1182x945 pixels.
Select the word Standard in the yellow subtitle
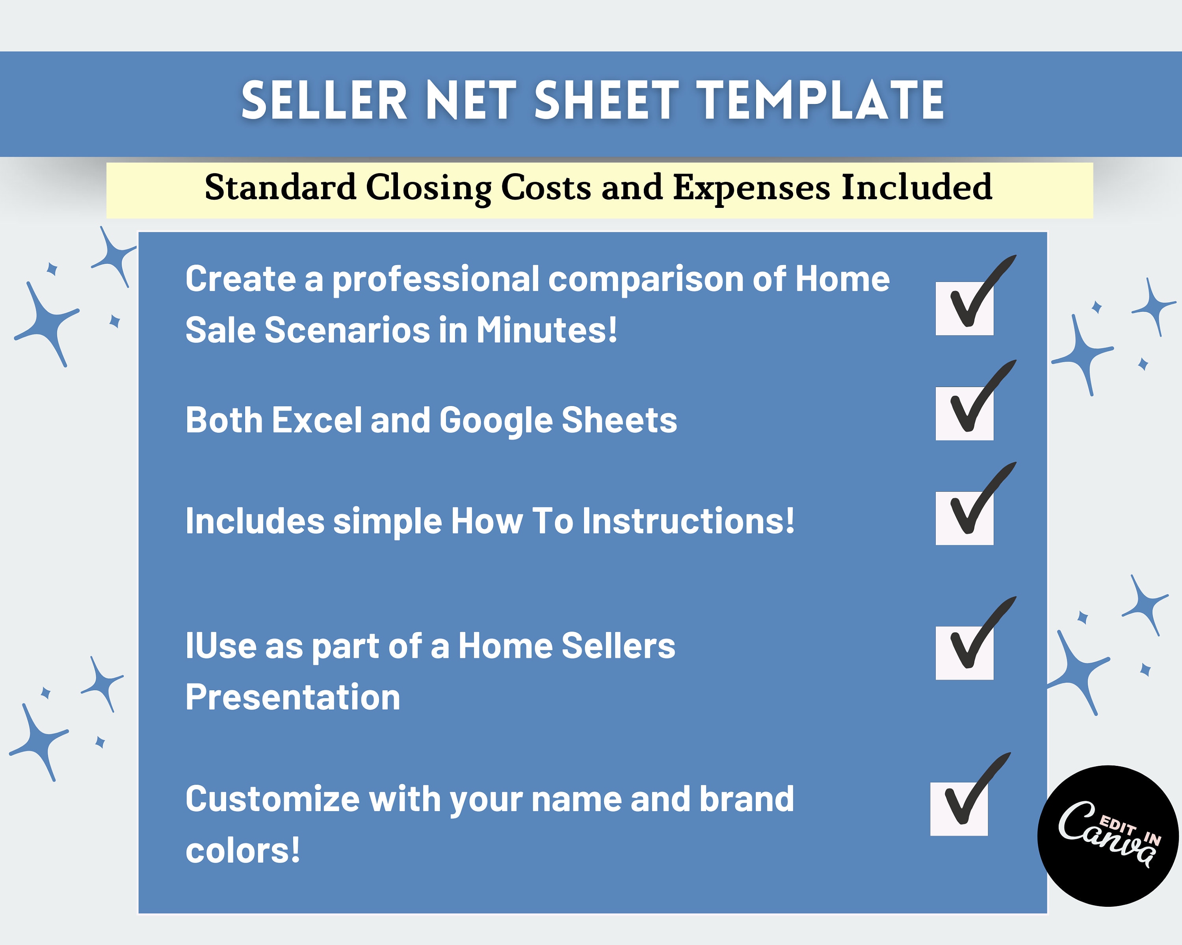[280, 187]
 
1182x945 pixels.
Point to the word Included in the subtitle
[917, 187]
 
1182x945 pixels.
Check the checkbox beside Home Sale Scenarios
[965, 308]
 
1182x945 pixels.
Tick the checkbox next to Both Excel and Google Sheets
[965, 413]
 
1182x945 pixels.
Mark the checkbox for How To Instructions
[965, 518]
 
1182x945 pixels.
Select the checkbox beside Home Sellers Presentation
[965, 653]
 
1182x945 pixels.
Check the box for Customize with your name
[959, 809]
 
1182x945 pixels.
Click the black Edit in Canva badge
[1108, 836]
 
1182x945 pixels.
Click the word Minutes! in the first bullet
[546, 330]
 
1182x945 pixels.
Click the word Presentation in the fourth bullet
[293, 697]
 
